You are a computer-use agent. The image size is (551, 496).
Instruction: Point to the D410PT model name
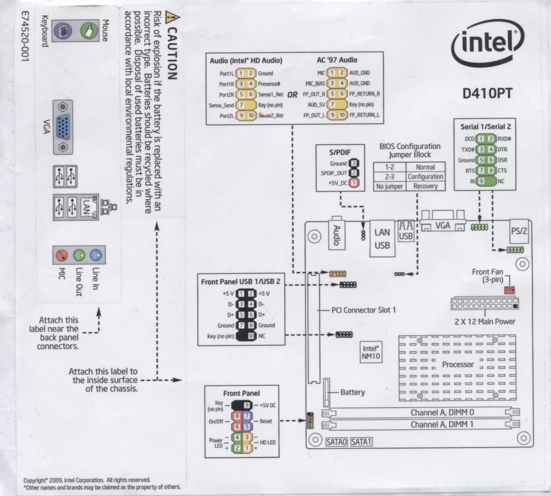click(488, 94)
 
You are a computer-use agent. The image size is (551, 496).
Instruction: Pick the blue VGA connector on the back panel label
click(63, 127)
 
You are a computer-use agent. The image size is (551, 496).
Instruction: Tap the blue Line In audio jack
click(95, 254)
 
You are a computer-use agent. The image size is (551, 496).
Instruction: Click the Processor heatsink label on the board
click(458, 364)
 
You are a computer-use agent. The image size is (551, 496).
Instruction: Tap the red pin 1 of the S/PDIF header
click(354, 183)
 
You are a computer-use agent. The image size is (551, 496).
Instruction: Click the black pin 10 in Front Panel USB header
click(251, 336)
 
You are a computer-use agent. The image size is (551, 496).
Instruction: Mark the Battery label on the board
click(352, 392)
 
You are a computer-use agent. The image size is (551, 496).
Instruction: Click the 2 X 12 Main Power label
click(485, 321)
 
